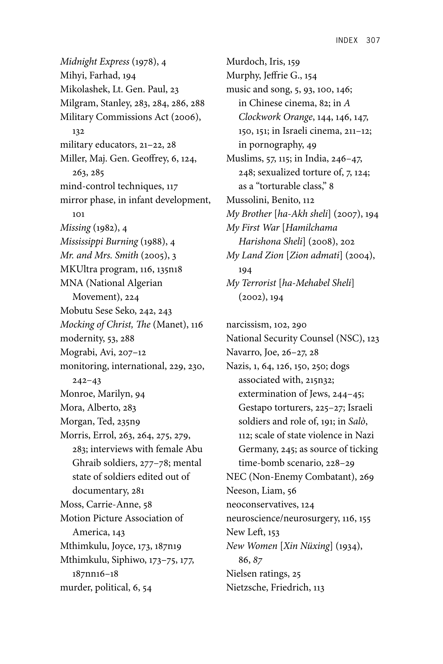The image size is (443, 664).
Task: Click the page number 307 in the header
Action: coord(373,40)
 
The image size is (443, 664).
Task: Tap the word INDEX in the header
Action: coord(347,40)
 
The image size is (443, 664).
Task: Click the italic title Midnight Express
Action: coord(95,62)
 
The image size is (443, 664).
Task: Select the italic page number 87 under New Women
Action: coord(257,560)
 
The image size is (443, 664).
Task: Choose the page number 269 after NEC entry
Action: coord(366,477)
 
